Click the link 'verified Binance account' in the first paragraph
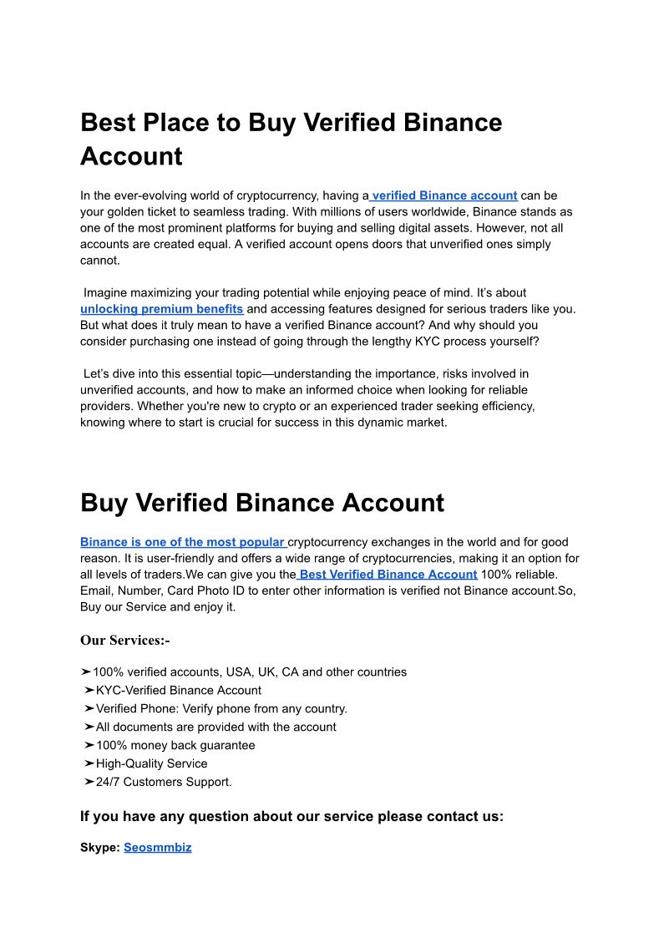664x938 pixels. pyautogui.click(x=444, y=195)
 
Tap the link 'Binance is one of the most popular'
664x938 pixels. pyautogui.click(x=183, y=542)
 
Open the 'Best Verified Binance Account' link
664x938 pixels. pyautogui.click(x=388, y=574)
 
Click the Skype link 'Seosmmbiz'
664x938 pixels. pyautogui.click(x=158, y=847)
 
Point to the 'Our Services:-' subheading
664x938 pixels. pyautogui.click(x=125, y=641)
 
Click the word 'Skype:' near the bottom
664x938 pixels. pyautogui.click(x=100, y=847)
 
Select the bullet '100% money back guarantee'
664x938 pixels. pyautogui.click(x=175, y=745)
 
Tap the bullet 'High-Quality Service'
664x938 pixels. pyautogui.click(x=151, y=763)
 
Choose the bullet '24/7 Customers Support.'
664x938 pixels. pyautogui.click(x=164, y=782)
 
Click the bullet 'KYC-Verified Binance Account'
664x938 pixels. pyautogui.click(x=178, y=690)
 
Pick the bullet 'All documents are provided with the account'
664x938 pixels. pyautogui.click(x=215, y=727)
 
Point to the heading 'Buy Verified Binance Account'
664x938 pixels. pyautogui.click(x=262, y=503)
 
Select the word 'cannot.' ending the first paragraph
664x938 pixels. pyautogui.click(x=100, y=260)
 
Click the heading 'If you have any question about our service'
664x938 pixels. pyautogui.click(x=291, y=816)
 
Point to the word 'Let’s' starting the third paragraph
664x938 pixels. pyautogui.click(x=99, y=373)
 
